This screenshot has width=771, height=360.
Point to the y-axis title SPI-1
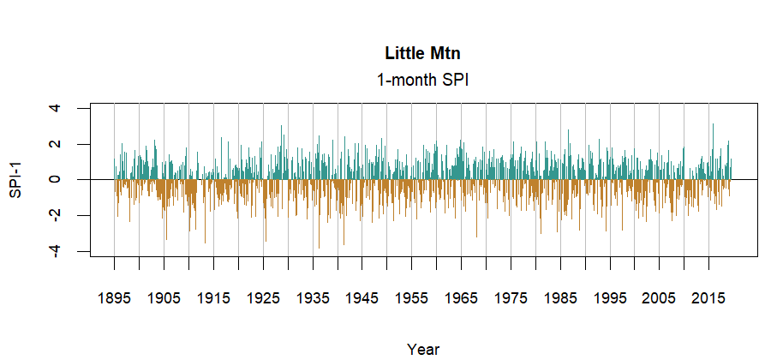[15, 180]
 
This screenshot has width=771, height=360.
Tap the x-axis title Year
[423, 349]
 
